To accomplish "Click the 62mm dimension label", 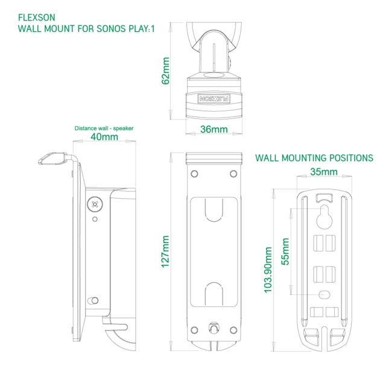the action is (x=166, y=71).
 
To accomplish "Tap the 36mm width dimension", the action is (x=214, y=129).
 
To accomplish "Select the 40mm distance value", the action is (x=104, y=137).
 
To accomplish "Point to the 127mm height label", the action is (x=165, y=252).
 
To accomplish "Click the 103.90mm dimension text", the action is (x=268, y=270).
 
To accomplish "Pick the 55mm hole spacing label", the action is (x=285, y=252).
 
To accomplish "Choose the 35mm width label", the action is (x=324, y=172).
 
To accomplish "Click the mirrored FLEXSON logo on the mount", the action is (x=214, y=99).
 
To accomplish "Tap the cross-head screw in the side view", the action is (x=95, y=204).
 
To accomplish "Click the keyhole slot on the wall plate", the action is (x=324, y=217).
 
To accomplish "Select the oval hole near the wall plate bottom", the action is (x=324, y=294).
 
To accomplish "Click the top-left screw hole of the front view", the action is (x=194, y=174).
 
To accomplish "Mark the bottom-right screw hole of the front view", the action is (x=233, y=330).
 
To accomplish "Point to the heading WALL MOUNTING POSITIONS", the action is (x=314, y=158).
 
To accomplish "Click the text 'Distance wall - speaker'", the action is (x=104, y=128).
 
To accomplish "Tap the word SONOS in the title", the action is (x=111, y=29).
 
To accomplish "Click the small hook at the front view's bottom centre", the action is (x=214, y=328).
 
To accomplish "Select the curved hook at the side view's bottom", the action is (x=119, y=334).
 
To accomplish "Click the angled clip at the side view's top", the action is (x=52, y=158).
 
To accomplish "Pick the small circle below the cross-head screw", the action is (x=95, y=219).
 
